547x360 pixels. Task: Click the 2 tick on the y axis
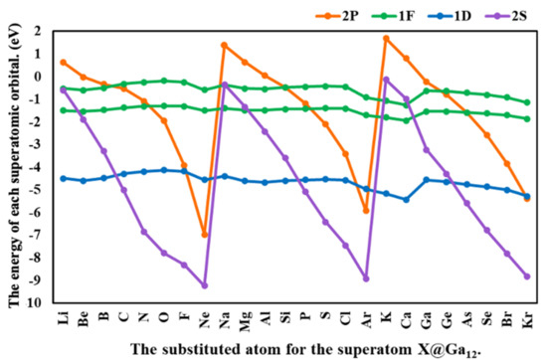click(x=38, y=31)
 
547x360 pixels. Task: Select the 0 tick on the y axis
click(x=38, y=77)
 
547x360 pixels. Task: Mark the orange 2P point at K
click(x=386, y=39)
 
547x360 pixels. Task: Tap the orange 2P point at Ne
click(x=205, y=235)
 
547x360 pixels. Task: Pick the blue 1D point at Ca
click(x=406, y=199)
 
